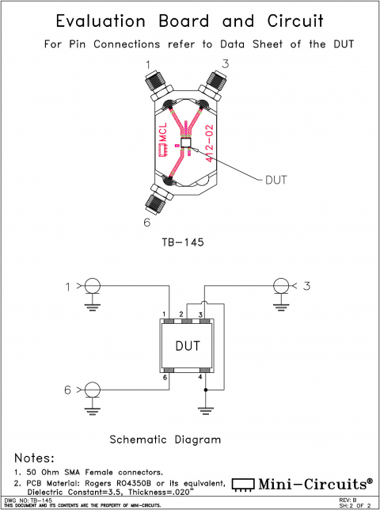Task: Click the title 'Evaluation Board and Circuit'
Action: tap(189, 21)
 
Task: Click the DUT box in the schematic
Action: tap(187, 346)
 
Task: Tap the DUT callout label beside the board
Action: tap(275, 180)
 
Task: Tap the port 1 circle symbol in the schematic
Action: tap(93, 285)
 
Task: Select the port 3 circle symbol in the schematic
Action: tap(279, 285)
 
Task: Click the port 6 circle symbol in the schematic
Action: tap(93, 389)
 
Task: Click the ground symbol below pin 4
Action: tap(206, 409)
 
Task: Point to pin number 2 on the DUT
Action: tap(181, 316)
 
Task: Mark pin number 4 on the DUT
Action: tap(200, 378)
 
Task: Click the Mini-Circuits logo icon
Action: tap(245, 483)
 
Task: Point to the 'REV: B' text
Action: tap(348, 500)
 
